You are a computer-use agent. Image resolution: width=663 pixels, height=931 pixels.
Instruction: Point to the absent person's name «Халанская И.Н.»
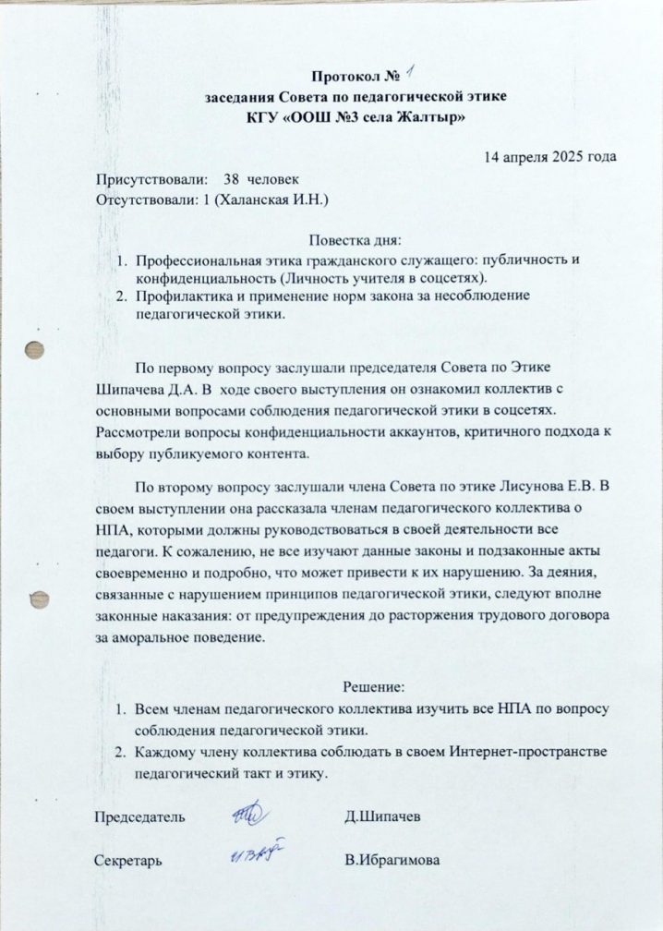pos(265,199)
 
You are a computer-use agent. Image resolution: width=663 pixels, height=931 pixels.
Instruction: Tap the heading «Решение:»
pos(374,687)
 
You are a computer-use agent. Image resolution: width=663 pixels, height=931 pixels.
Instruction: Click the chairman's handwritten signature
pos(247,814)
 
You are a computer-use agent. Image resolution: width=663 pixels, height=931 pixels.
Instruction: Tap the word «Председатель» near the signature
pos(139,816)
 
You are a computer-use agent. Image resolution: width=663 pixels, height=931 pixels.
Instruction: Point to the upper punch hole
pos(35,352)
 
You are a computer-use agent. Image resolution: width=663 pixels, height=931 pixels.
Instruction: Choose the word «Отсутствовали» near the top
pos(142,199)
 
